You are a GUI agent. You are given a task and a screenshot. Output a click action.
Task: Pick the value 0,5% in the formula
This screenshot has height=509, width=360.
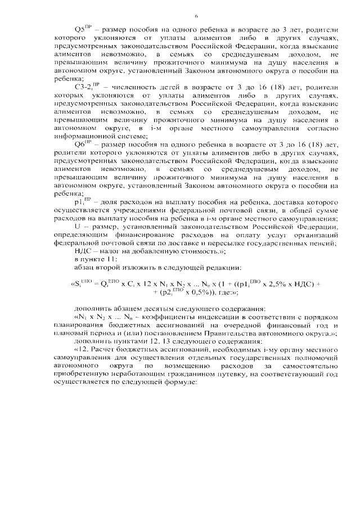click(209, 292)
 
